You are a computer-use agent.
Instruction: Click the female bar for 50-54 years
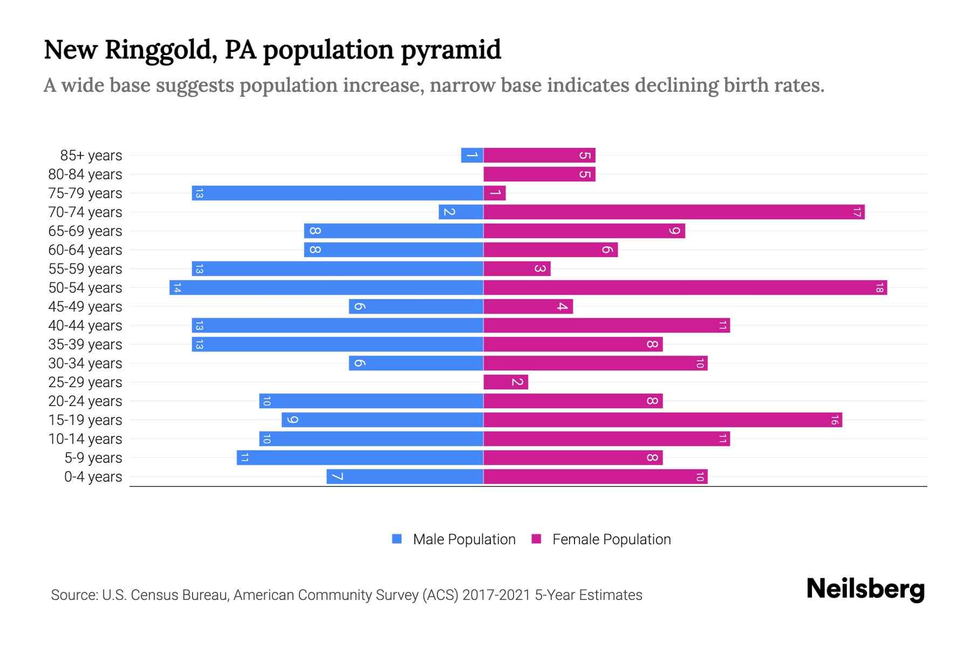point(685,288)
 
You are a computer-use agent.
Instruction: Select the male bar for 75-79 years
point(337,193)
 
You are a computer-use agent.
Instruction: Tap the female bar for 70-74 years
point(674,212)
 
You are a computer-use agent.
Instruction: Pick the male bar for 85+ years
point(472,156)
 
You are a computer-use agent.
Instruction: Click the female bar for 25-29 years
point(505,382)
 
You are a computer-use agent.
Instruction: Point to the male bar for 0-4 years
point(405,477)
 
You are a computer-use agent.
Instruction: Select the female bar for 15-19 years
point(662,420)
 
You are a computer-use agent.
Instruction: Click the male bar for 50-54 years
point(326,288)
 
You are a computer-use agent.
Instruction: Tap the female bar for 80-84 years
point(539,174)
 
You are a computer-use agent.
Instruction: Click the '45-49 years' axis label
point(85,307)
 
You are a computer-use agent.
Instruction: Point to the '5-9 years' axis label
point(93,458)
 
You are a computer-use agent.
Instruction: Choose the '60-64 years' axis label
point(85,250)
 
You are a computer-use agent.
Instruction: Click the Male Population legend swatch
point(397,539)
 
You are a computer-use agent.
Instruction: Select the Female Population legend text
point(611,539)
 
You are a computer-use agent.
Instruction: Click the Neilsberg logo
point(865,589)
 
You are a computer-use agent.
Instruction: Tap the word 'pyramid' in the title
point(450,50)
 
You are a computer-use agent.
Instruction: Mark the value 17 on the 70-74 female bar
point(857,212)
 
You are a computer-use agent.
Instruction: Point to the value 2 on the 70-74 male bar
point(449,212)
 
